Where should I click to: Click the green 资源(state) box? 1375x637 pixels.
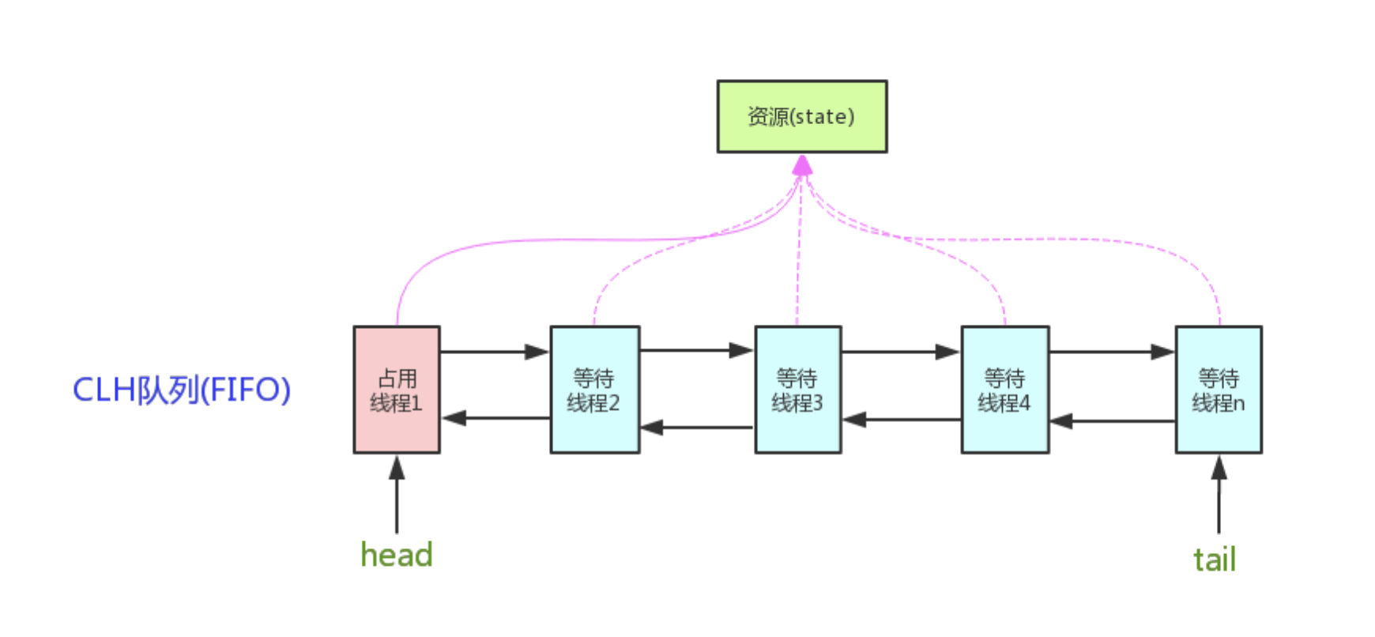tap(802, 116)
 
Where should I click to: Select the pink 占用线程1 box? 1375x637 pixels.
tap(397, 390)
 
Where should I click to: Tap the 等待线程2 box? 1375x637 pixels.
tap(595, 390)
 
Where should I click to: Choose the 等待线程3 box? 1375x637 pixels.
tap(798, 390)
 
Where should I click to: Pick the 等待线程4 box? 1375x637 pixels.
tap(1005, 390)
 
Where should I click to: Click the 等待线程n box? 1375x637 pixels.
tap(1219, 390)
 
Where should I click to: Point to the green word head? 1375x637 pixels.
tap(397, 555)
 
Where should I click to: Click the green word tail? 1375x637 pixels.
tap(1215, 560)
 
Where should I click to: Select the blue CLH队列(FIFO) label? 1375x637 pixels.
tap(182, 390)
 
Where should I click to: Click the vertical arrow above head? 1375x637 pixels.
tap(397, 495)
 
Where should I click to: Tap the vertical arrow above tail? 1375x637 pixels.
tap(1219, 495)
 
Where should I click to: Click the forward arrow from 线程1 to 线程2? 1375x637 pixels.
tap(495, 352)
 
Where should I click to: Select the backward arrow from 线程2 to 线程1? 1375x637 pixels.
tap(495, 417)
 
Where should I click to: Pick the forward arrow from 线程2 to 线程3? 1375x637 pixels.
tap(697, 350)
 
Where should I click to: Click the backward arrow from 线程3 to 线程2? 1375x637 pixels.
tap(697, 428)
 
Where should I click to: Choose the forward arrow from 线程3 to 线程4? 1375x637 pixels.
tap(901, 352)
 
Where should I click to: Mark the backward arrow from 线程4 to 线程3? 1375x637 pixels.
tap(902, 420)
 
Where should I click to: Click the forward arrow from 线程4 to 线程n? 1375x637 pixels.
tap(1112, 352)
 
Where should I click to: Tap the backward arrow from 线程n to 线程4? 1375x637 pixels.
tap(1113, 421)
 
